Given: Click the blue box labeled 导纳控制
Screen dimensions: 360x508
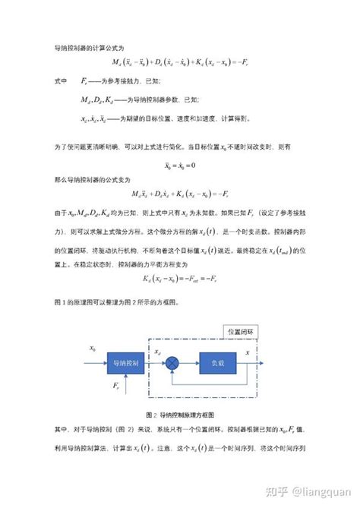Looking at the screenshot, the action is pyautogui.click(x=126, y=362).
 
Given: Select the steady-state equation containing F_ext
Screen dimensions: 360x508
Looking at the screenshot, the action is pyautogui.click(x=179, y=279).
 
